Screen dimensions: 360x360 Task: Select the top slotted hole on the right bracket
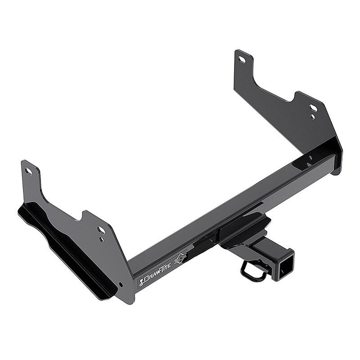(242, 59)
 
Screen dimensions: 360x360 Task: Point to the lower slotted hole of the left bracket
(101, 230)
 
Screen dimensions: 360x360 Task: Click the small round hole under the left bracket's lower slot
(102, 239)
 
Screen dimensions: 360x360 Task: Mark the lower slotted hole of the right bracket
(313, 108)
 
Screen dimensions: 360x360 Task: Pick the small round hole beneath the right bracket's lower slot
(313, 117)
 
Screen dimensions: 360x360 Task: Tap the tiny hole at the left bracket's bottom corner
(121, 284)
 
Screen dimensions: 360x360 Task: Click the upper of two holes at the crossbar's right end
(309, 158)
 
